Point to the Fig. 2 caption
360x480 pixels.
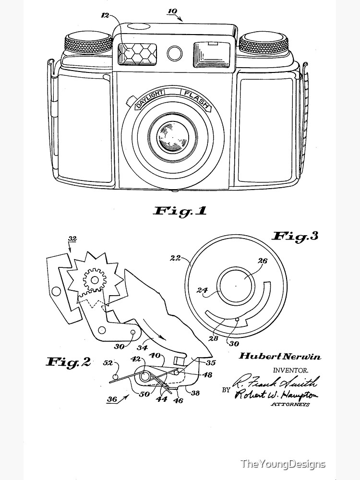[x=68, y=362]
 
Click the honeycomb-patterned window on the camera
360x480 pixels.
[x=137, y=54]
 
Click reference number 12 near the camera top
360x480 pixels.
[x=106, y=15]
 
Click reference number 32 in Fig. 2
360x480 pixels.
[x=73, y=239]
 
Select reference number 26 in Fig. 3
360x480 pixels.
[x=263, y=262]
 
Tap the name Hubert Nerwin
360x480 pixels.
[x=280, y=357]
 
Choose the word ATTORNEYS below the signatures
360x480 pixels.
[x=290, y=405]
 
